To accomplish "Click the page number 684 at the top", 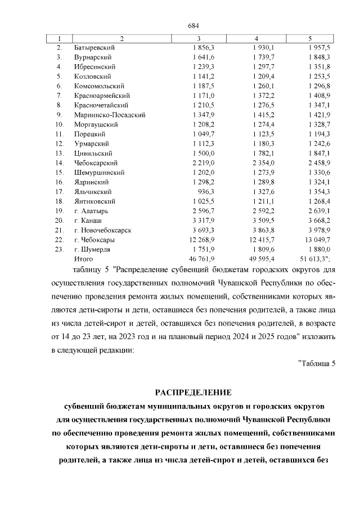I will (x=193, y=26).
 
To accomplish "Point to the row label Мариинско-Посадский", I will (x=110, y=115).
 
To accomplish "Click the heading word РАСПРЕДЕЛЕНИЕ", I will (x=193, y=391).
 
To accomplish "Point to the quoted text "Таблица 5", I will (x=316, y=363).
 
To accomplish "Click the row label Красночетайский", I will (x=101, y=105).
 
